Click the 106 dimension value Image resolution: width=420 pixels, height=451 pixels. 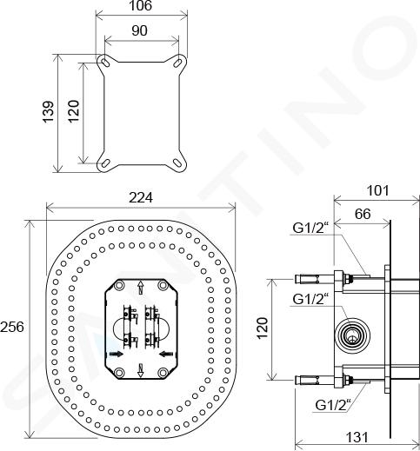coord(140,6)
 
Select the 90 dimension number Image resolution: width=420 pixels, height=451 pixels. coord(139,30)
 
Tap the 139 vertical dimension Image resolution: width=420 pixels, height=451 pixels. coord(48,111)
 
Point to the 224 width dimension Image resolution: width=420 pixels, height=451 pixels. coord(141,197)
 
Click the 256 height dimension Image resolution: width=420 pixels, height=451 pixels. coord(12,328)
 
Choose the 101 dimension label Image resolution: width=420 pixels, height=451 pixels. coord(378,190)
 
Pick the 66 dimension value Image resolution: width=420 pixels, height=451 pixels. coord(363,214)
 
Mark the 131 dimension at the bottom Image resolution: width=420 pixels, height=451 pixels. coord(357,437)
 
